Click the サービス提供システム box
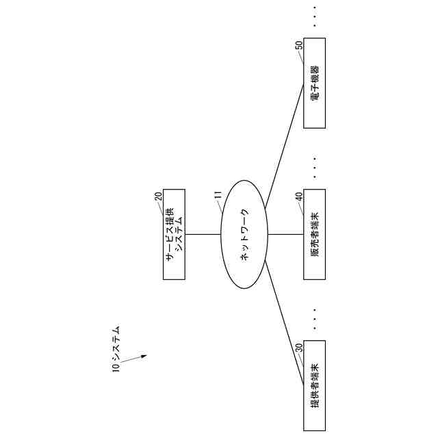click(174, 234)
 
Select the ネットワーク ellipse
click(244, 234)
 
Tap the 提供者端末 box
click(314, 384)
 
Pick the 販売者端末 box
click(314, 234)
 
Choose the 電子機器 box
click(314, 83)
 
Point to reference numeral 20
click(158, 196)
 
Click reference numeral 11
click(218, 196)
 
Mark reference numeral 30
click(298, 347)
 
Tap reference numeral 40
click(298, 196)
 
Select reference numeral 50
click(298, 45)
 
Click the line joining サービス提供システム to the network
click(203, 234)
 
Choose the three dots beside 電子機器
click(314, 16)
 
